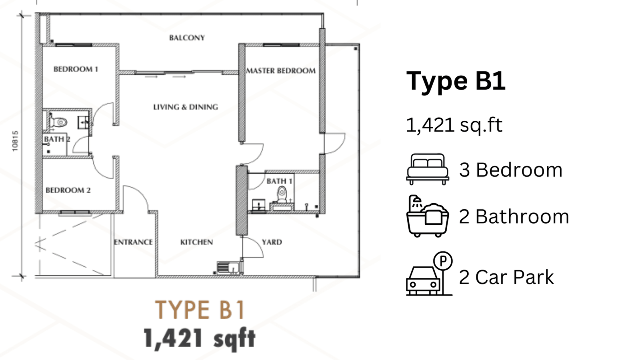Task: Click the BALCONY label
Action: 187,38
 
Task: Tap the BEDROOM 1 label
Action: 76,69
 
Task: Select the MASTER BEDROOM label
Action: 281,70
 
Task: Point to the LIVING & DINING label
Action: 186,107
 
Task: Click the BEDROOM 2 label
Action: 68,190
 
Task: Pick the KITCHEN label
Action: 196,242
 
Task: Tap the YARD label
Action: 272,242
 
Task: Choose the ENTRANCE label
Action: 133,242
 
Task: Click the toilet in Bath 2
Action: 58,122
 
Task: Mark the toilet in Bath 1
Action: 282,194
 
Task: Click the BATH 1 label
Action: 279,181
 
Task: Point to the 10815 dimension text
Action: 15,141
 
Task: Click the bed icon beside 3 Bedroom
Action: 428,169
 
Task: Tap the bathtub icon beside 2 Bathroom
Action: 428,216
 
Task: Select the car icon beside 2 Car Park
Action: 423,281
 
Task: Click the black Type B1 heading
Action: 456,81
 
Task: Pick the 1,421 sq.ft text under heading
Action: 454,125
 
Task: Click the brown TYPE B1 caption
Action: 200,310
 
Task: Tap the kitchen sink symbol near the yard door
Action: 229,268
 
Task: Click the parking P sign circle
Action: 443,261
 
